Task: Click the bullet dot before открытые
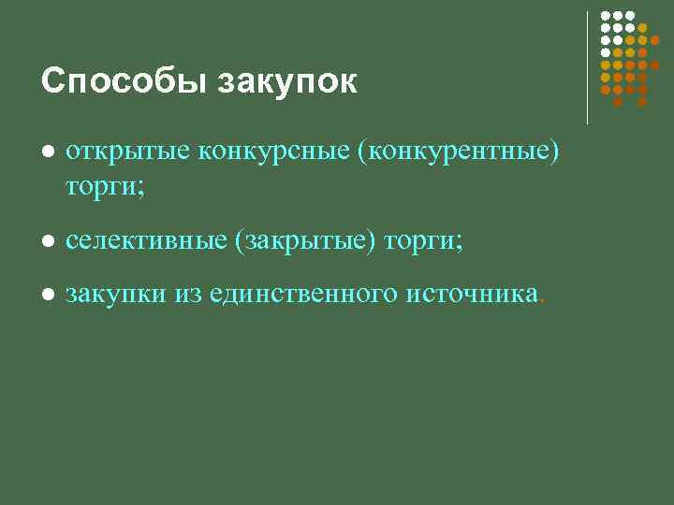click(49, 153)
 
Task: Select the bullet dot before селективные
click(49, 242)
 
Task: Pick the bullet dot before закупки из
click(49, 296)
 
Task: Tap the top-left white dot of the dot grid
click(605, 16)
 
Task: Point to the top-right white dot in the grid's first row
click(630, 16)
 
